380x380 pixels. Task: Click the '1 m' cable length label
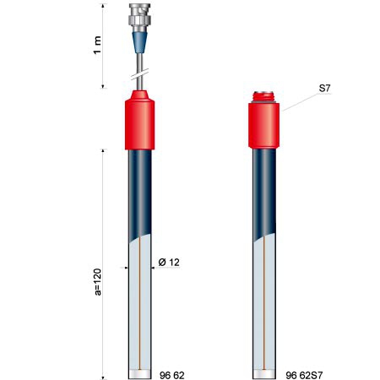tap(97, 45)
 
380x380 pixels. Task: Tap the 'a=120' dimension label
tap(97, 282)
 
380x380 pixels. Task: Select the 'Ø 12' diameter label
tap(169, 263)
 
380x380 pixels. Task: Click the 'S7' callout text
tap(324, 89)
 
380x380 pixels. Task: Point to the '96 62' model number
tap(172, 375)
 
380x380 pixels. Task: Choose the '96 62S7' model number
tap(304, 375)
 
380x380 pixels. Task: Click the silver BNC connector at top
tap(139, 18)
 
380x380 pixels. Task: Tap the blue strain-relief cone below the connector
tap(139, 42)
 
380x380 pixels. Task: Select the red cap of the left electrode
tap(139, 120)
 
